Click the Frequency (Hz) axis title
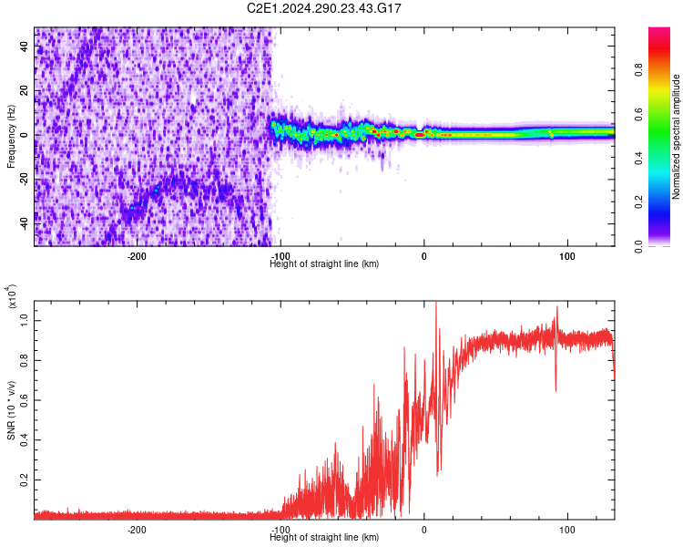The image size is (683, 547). [x=11, y=137]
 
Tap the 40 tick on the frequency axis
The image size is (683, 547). [x=25, y=47]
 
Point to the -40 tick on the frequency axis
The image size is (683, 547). [x=25, y=222]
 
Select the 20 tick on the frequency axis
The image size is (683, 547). [x=25, y=91]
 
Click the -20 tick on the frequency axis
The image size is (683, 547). [x=25, y=179]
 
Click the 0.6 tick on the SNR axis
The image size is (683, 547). [x=24, y=399]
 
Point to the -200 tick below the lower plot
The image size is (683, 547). [x=138, y=529]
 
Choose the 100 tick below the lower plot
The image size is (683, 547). [x=568, y=529]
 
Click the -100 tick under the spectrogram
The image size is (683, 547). [x=280, y=256]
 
